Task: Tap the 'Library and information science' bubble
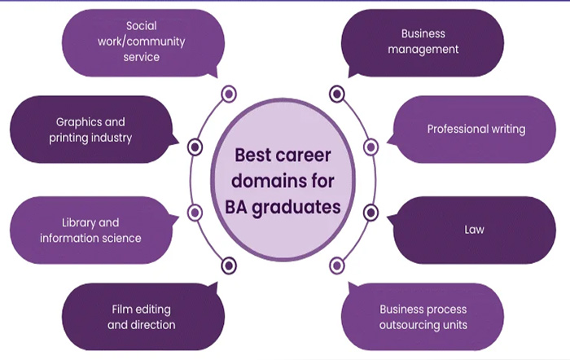pyautogui.click(x=90, y=230)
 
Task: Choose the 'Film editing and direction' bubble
pyautogui.click(x=142, y=317)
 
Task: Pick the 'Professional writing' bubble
pyautogui.click(x=476, y=129)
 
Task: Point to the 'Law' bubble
pyautogui.click(x=475, y=230)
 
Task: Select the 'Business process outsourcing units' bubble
pyautogui.click(x=423, y=317)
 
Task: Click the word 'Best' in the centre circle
pyautogui.click(x=254, y=155)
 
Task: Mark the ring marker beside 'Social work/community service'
pyautogui.click(x=229, y=94)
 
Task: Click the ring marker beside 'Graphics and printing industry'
pyautogui.click(x=195, y=147)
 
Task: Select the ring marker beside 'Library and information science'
pyautogui.click(x=195, y=213)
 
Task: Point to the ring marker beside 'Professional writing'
pyautogui.click(x=371, y=147)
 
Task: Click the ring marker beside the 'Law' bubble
pyautogui.click(x=371, y=213)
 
